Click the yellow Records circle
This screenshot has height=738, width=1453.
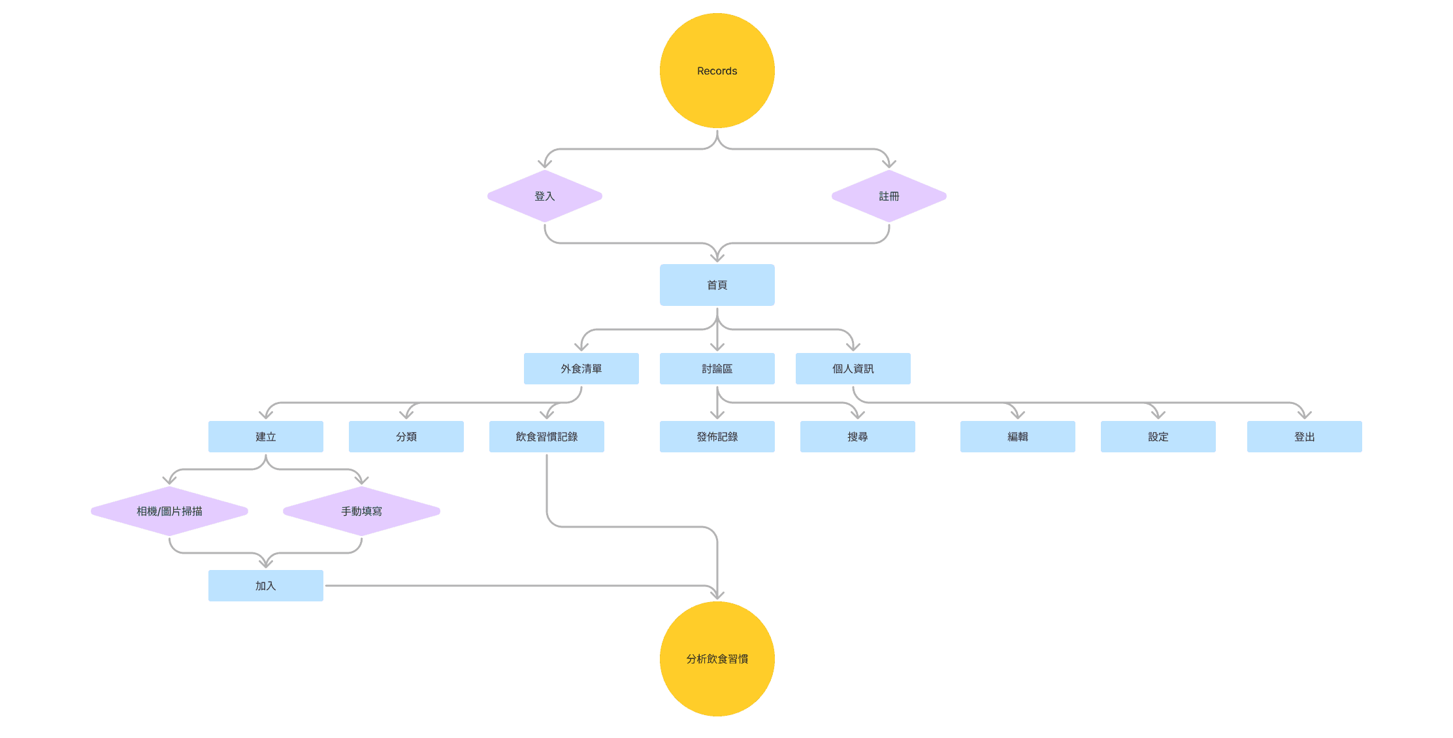717,71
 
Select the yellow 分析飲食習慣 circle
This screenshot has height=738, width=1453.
717,658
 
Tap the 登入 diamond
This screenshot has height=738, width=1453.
544,196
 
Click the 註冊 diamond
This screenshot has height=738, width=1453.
889,196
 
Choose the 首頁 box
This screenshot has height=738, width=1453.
717,285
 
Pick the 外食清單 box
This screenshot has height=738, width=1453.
581,369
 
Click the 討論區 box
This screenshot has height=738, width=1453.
717,369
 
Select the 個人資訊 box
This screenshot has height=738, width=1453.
853,369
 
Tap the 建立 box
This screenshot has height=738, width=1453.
265,437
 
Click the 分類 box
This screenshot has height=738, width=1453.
406,437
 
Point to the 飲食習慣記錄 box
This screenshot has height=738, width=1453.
546,437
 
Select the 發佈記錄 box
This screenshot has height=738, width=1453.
717,437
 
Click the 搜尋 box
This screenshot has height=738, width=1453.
857,437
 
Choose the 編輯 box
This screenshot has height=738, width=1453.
1017,437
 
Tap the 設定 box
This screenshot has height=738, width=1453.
1158,437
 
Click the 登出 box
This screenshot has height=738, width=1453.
1304,437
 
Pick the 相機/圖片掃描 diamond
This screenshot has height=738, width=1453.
169,511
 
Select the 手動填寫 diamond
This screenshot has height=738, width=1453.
361,511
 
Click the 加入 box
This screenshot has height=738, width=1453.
265,586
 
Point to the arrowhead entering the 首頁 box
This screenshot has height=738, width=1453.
717,257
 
